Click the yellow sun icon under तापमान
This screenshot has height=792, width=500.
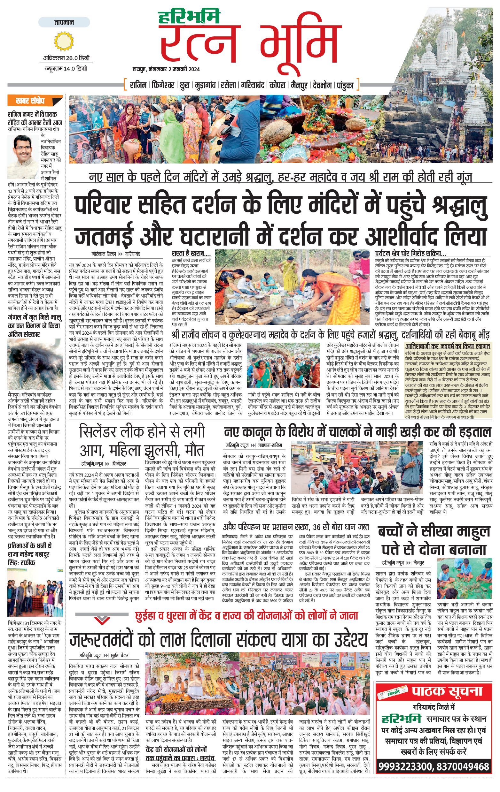64,41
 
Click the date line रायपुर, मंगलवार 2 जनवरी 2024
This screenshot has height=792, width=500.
166,69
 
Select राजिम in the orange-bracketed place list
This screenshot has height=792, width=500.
138,86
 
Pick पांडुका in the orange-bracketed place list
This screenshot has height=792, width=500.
345,86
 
